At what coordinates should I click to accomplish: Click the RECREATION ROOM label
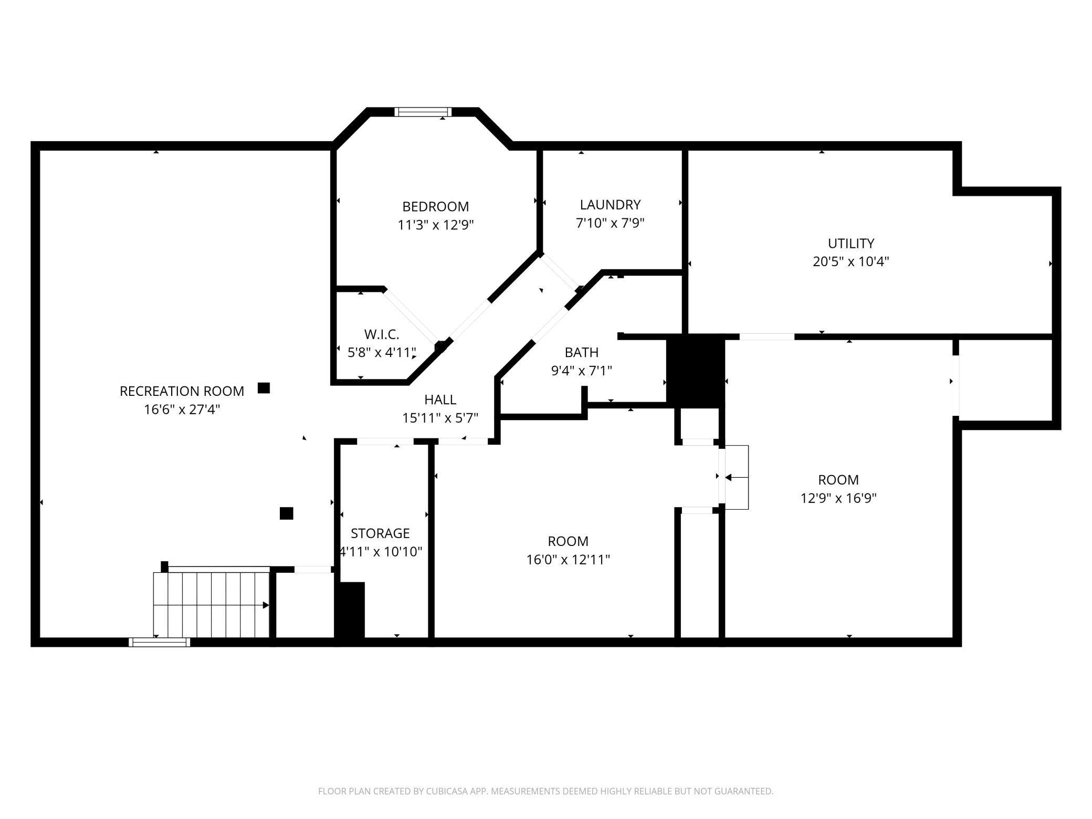tap(182, 391)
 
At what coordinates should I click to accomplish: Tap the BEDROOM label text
tap(435, 206)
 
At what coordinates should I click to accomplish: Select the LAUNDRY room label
tap(610, 204)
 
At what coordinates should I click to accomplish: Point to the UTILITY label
tap(850, 243)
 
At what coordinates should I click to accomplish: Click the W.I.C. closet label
tap(382, 334)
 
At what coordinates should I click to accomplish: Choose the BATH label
tap(582, 352)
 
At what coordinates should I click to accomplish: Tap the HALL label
tap(440, 400)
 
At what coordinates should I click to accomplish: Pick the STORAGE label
tap(380, 533)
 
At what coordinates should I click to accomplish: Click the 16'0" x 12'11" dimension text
tap(568, 560)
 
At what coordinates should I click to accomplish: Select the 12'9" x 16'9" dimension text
tap(838, 498)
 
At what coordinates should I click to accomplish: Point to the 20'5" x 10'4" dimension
tap(850, 261)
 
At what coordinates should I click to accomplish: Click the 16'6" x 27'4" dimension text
tap(182, 409)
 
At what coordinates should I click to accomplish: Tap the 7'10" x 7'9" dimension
tap(610, 223)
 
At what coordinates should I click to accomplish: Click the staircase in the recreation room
tap(212, 605)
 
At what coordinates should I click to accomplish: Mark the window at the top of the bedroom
tap(423, 112)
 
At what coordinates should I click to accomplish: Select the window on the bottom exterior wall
tap(159, 642)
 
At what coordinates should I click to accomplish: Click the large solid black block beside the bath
tap(695, 371)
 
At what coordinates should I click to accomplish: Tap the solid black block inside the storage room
tap(350, 610)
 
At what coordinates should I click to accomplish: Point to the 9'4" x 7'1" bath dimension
tap(582, 371)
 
